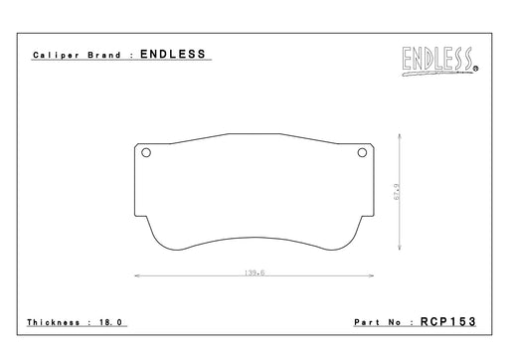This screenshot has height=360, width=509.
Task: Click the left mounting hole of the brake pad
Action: coord(146,153)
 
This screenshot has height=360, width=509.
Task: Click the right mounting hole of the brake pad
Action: coord(362,153)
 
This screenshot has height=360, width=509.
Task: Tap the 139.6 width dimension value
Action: coord(254,272)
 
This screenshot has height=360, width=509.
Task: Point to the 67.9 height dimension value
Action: coord(397,192)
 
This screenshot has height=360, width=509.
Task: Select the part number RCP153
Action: coord(448,321)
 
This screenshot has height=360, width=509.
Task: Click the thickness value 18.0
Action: coord(110,322)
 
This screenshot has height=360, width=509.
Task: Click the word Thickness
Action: coord(54,322)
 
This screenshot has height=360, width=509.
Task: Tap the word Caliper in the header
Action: coord(56,55)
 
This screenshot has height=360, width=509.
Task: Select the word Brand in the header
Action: coord(104,55)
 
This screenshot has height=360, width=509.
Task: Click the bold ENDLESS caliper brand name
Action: coord(173,54)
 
